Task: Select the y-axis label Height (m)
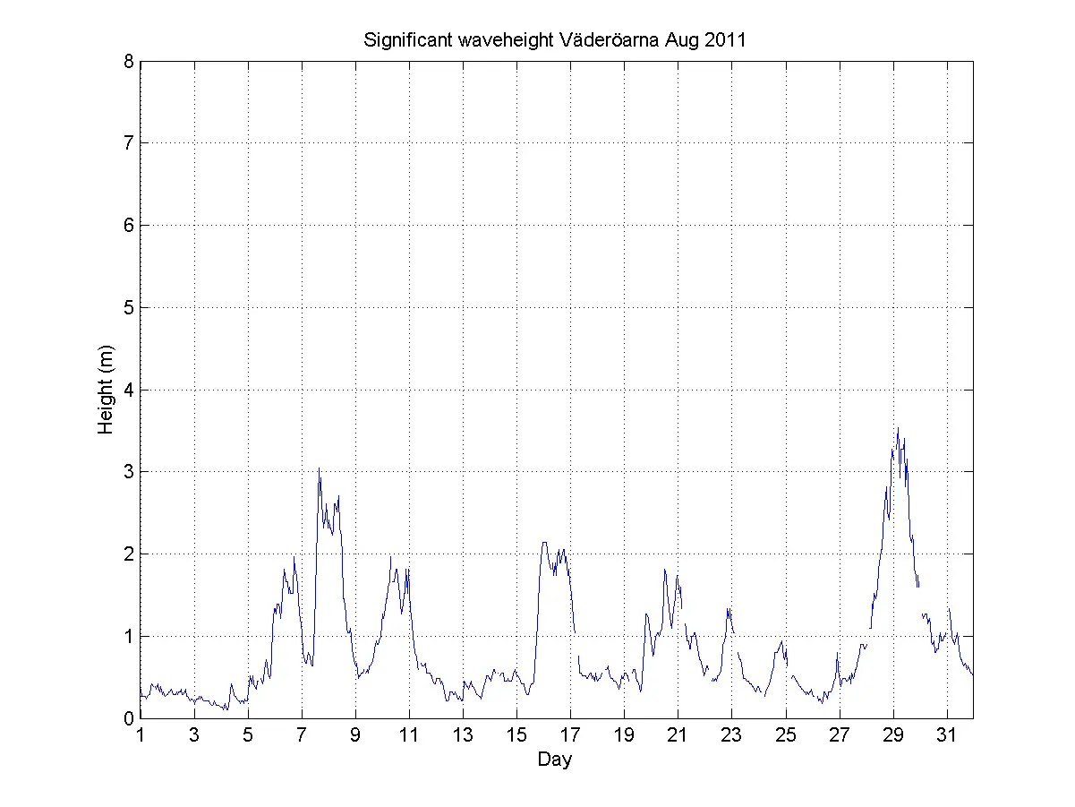click(x=107, y=390)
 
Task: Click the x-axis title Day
click(x=555, y=760)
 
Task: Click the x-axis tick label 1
click(x=141, y=736)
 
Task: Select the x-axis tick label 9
click(x=355, y=736)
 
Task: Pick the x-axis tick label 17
click(x=570, y=736)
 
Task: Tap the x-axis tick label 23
click(x=731, y=736)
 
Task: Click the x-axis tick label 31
click(x=946, y=736)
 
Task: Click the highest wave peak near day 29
click(x=898, y=428)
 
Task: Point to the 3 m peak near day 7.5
click(x=319, y=468)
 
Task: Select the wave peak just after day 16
click(x=543, y=542)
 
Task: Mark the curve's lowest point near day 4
click(x=226, y=710)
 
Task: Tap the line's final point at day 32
click(x=973, y=674)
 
